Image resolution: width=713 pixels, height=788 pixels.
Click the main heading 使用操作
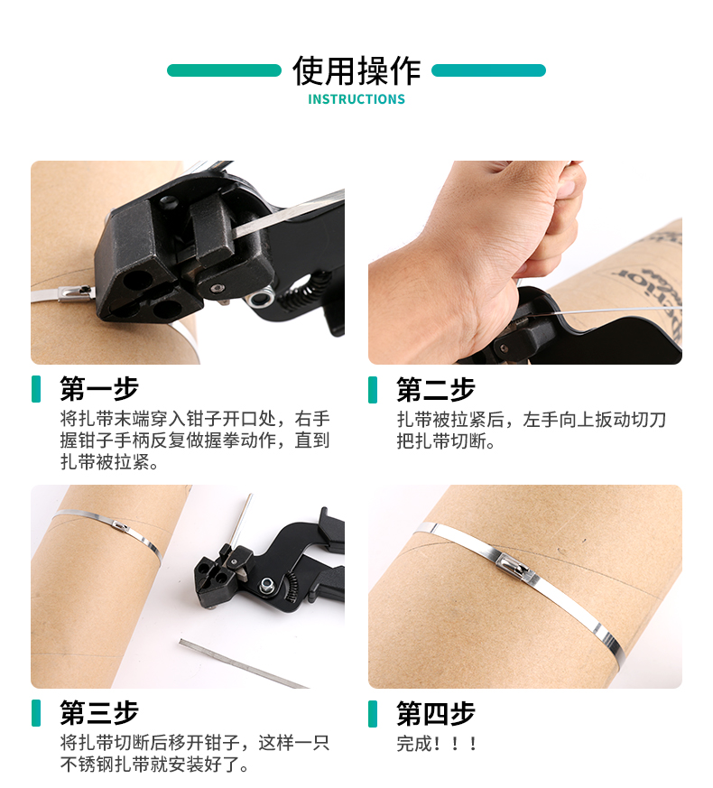[x=356, y=71]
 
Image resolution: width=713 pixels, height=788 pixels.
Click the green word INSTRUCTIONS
[x=356, y=99]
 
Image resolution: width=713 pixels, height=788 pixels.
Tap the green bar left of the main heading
[x=224, y=70]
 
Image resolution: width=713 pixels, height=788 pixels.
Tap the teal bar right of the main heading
[x=488, y=70]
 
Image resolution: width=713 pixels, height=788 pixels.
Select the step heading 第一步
[x=99, y=388]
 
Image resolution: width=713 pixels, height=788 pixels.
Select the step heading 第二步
[x=436, y=389]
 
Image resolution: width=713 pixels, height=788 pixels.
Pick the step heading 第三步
[x=99, y=712]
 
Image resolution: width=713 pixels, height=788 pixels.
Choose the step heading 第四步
[x=436, y=713]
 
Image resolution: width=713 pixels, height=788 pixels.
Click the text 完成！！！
[x=437, y=744]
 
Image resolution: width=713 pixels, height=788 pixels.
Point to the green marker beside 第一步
[x=36, y=389]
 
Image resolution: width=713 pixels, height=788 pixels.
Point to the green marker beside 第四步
[x=373, y=714]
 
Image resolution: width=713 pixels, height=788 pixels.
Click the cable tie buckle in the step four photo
[x=514, y=566]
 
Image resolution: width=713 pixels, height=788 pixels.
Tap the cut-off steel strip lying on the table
[x=244, y=663]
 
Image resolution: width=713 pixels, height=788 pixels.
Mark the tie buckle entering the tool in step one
[x=77, y=292]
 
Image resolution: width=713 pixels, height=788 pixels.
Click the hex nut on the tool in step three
[x=266, y=585]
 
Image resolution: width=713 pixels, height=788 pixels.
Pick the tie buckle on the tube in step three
[x=120, y=526]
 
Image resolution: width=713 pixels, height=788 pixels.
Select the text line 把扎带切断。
[x=446, y=441]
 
